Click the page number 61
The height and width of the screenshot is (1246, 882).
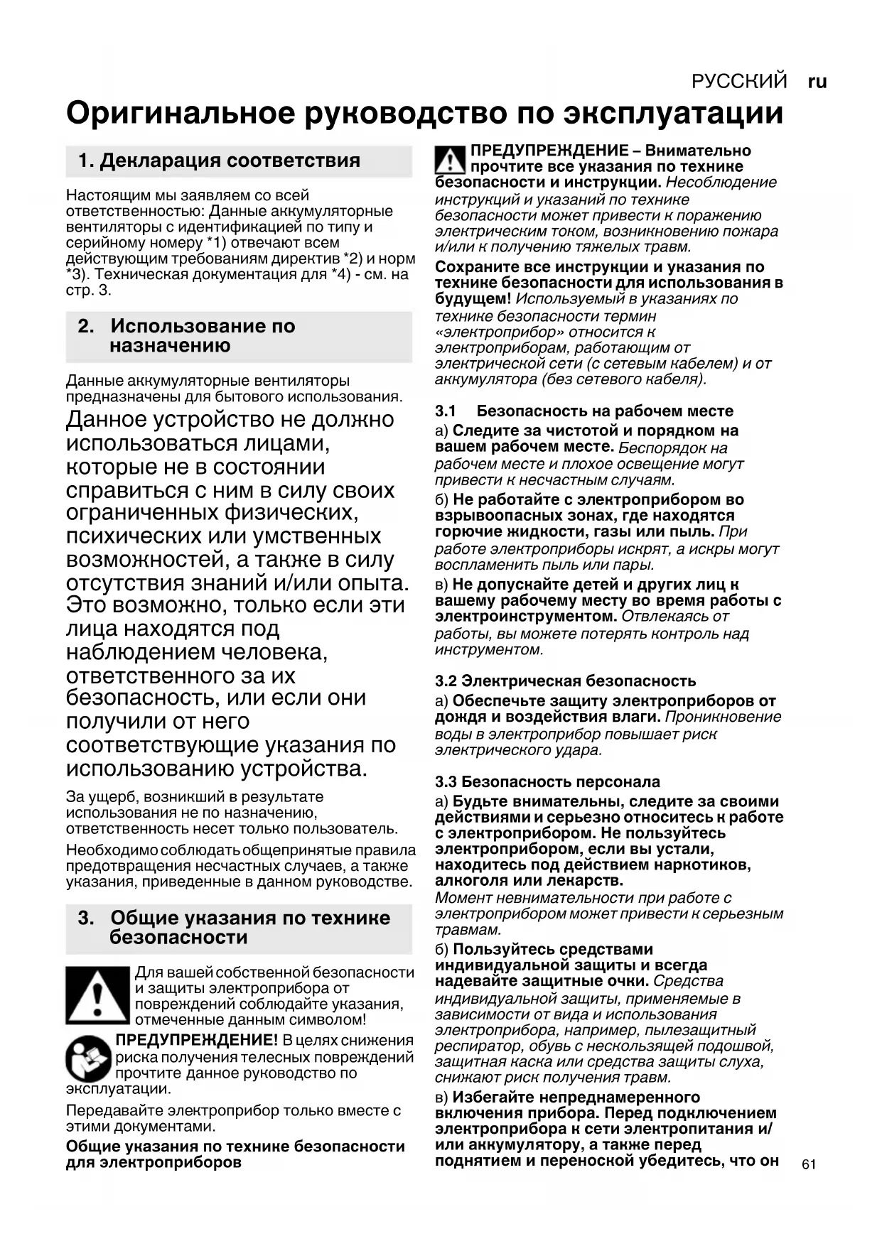(x=808, y=1164)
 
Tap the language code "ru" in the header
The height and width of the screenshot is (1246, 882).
(x=817, y=82)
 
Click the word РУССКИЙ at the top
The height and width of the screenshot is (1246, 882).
(x=739, y=82)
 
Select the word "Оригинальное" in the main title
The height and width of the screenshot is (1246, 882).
(x=179, y=114)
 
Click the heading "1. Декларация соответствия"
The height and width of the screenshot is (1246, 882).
(x=219, y=161)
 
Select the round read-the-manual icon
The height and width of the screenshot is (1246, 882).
(x=89, y=1059)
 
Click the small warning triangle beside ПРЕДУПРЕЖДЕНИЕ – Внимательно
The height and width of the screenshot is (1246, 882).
(x=450, y=161)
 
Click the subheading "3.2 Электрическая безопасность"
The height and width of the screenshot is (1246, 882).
(x=566, y=681)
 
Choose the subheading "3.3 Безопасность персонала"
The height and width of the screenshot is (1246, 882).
(x=548, y=782)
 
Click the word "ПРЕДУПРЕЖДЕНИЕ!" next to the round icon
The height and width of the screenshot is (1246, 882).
(x=196, y=1041)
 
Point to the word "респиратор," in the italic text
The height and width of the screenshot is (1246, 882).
(x=471, y=1046)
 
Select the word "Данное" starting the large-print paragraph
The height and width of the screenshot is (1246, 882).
(x=107, y=420)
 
